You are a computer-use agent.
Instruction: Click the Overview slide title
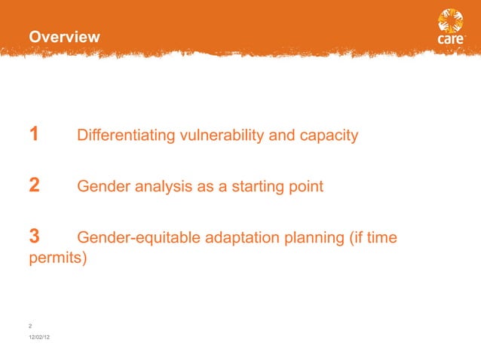[x=64, y=37]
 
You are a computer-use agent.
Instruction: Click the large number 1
[x=34, y=136]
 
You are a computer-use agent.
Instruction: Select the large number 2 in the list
[x=34, y=186]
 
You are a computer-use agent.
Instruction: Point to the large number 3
[x=34, y=237]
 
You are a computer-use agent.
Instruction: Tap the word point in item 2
[x=305, y=187]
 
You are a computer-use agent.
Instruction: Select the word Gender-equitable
[x=136, y=238]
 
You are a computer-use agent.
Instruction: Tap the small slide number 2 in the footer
[x=29, y=325]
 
